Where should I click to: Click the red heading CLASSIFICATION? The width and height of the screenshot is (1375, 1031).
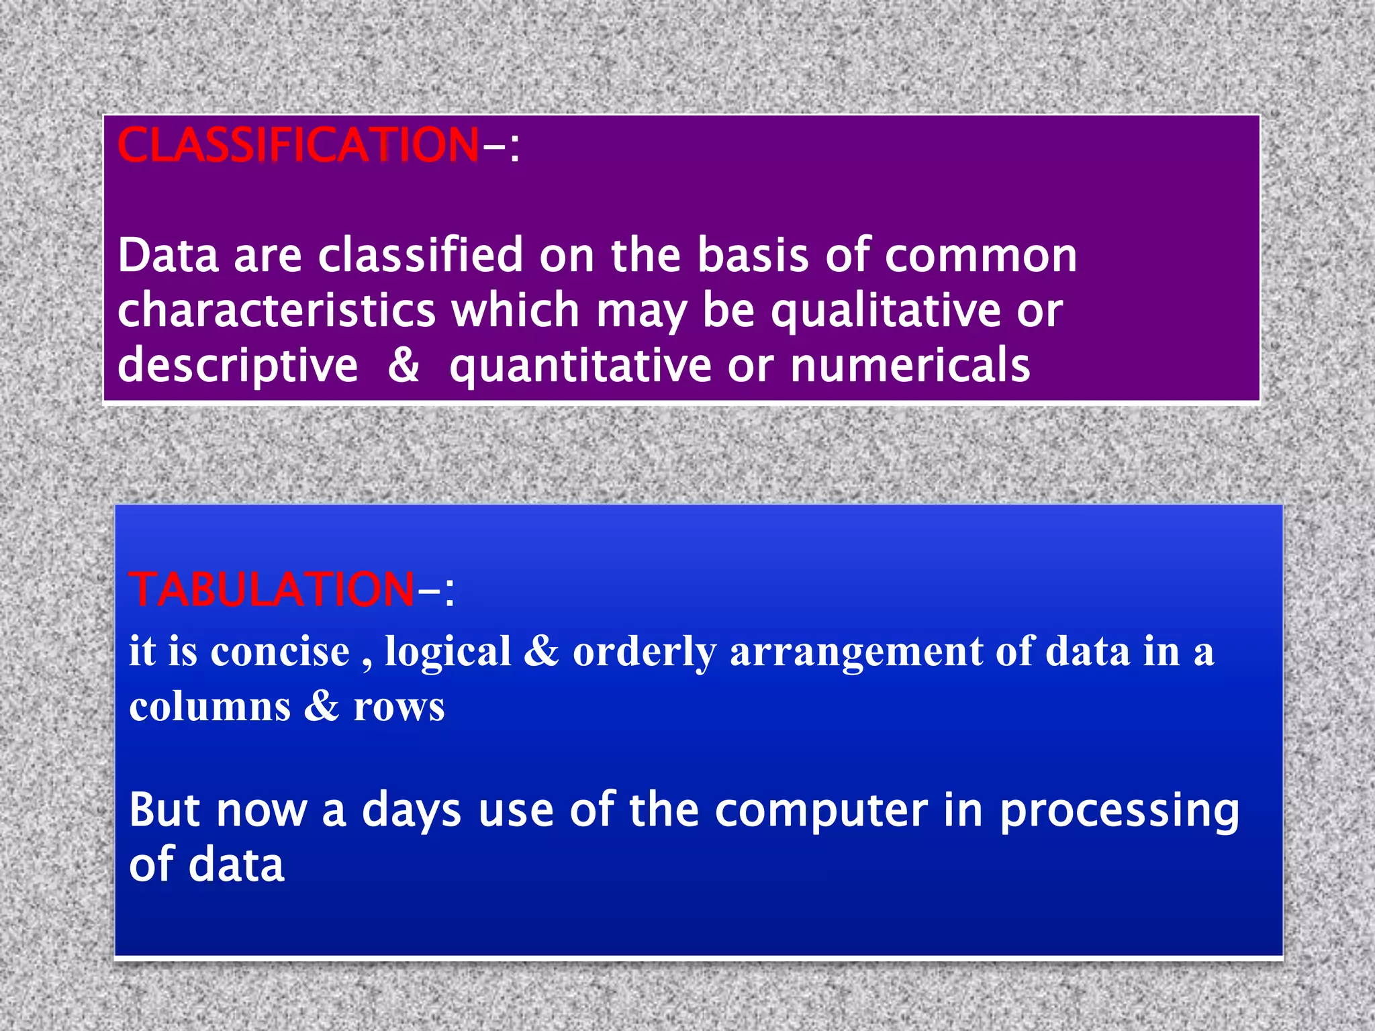(297, 145)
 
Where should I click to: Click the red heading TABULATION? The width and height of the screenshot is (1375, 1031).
(271, 589)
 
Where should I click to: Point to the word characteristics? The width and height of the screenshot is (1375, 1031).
(277, 311)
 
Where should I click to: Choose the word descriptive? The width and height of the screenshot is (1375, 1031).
(238, 366)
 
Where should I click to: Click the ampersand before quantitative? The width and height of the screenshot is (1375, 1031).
(404, 366)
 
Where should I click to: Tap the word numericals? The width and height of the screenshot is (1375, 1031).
(910, 366)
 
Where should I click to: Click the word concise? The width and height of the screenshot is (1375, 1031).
(280, 652)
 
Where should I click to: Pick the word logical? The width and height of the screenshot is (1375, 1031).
(448, 652)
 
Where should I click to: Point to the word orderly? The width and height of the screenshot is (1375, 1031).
(644, 652)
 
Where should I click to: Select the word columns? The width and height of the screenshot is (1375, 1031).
(210, 707)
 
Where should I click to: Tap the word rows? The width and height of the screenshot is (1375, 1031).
(399, 707)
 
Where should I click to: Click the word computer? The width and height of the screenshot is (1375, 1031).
(821, 810)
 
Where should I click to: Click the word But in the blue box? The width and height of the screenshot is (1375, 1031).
(164, 810)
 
